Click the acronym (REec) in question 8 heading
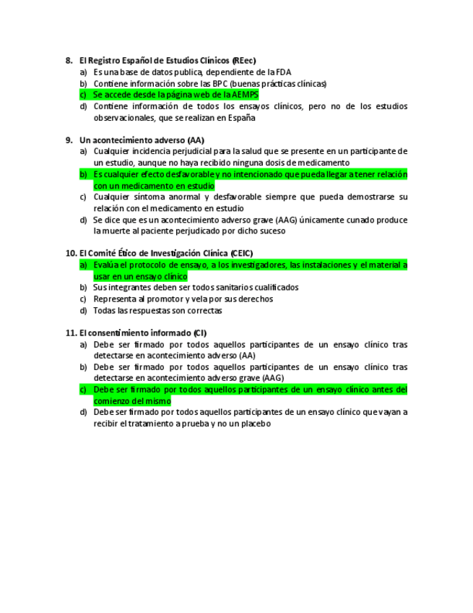(244, 60)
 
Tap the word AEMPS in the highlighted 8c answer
(246, 95)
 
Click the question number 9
(69, 140)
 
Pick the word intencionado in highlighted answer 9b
(243, 174)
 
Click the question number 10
(70, 253)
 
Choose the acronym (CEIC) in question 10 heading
(243, 253)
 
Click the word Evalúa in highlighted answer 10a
(106, 265)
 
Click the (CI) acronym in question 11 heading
(199, 333)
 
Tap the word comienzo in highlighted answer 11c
(112, 400)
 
